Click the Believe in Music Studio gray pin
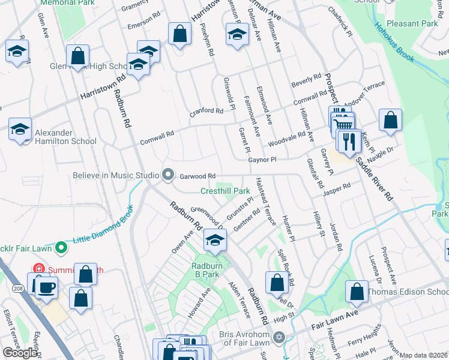pyautogui.click(x=168, y=175)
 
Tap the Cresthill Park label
pyautogui.click(x=225, y=191)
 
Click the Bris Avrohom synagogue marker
pyautogui.click(x=277, y=338)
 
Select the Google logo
pyautogui.click(x=20, y=352)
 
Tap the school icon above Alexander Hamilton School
pyautogui.click(x=20, y=129)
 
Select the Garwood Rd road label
pyautogui.click(x=197, y=176)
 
